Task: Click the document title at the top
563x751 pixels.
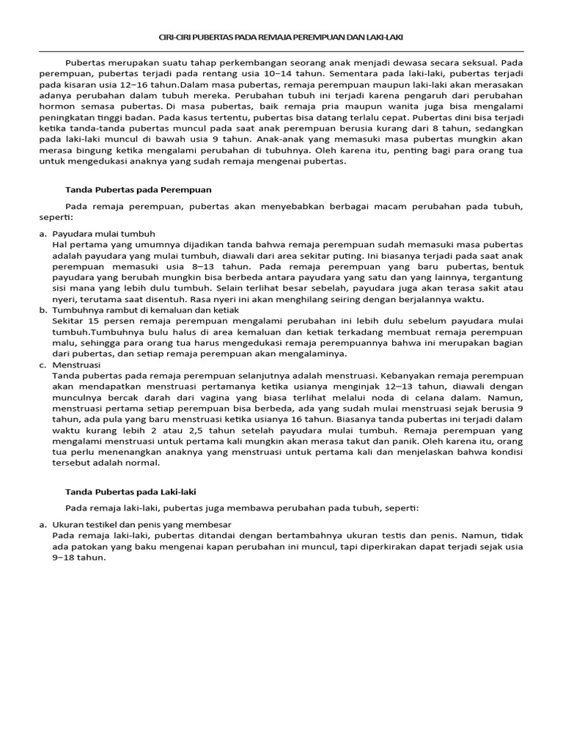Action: (281, 37)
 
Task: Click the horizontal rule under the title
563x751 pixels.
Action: (281, 52)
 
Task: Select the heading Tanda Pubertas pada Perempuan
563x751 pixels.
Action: (139, 188)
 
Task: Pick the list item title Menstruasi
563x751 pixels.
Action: (77, 364)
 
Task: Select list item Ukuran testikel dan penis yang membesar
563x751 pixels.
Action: (142, 524)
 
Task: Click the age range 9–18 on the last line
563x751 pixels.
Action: (67, 557)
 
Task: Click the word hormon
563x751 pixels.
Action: (55, 107)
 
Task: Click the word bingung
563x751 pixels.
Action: (112, 151)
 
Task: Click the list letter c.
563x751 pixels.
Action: (43, 364)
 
